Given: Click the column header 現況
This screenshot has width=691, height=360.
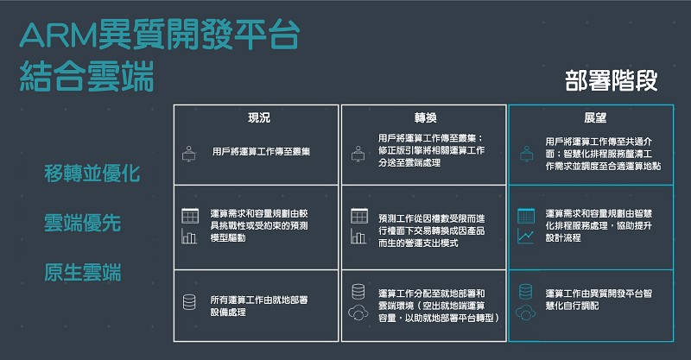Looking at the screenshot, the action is [x=259, y=117].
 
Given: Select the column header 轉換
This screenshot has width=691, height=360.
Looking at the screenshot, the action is [x=425, y=117].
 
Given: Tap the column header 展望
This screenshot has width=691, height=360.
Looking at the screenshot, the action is [x=595, y=117].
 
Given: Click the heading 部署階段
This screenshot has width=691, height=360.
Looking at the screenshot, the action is [x=612, y=80].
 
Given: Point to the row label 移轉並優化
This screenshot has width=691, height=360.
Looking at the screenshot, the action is [x=92, y=174].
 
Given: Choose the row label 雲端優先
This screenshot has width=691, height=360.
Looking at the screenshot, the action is [x=82, y=223].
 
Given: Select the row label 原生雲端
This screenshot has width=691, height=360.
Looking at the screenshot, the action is [x=82, y=272].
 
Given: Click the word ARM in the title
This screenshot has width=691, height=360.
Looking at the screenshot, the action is [x=58, y=35].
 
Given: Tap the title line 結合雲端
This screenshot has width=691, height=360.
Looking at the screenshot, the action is [x=87, y=76].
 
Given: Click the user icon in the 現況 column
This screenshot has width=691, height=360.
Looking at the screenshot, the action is [x=189, y=154].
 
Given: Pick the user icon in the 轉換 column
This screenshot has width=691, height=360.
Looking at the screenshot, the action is [x=358, y=154].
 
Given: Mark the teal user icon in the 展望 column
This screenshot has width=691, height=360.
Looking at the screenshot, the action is [x=526, y=154].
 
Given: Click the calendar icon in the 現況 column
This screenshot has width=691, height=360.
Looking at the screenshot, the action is [x=190, y=216].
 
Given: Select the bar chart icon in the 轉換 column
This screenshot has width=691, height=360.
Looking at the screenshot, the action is [x=358, y=237].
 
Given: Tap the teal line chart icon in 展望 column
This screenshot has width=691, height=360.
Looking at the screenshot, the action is [x=526, y=237].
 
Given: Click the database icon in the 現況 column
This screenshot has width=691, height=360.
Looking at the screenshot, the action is [x=189, y=302].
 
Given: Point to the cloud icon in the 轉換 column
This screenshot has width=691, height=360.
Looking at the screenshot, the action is [x=358, y=313].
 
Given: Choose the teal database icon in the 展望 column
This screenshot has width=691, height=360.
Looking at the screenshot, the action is [x=525, y=292].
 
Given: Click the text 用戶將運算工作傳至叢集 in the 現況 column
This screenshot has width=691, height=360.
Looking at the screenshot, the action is [x=262, y=152].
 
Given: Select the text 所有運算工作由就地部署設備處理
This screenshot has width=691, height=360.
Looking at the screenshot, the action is [x=259, y=306].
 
